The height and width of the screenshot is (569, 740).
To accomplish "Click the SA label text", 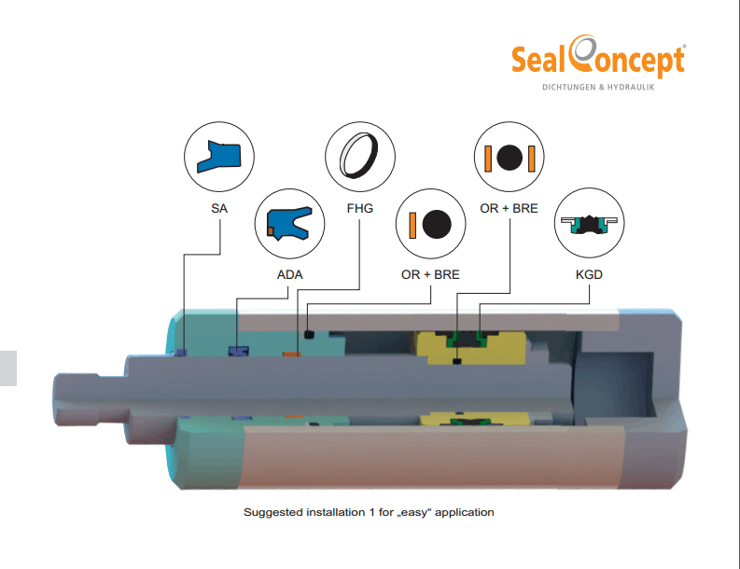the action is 219,208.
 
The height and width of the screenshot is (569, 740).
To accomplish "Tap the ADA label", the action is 289,274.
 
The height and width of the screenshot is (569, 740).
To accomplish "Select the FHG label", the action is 359,208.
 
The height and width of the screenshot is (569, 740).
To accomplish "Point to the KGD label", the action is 589,274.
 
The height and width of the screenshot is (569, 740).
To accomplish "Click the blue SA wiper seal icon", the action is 219,156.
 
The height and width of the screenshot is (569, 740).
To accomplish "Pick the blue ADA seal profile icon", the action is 289,223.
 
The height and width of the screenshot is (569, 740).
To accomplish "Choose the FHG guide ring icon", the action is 359,156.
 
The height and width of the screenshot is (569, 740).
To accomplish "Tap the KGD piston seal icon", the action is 589,225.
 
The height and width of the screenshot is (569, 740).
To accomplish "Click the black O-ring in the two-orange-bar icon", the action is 510,158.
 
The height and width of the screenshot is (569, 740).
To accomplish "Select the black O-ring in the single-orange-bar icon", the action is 437,224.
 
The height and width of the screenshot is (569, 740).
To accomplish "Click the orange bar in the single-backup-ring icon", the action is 412,225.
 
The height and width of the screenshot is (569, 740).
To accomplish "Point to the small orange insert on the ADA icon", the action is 271,230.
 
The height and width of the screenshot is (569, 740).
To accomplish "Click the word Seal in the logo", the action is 538,61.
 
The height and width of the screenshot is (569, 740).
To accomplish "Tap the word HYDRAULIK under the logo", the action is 631,88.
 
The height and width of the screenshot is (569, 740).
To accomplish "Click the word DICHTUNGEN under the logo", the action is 569,88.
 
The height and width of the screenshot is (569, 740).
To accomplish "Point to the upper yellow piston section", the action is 470,348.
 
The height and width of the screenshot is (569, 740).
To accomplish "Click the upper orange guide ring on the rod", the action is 292,354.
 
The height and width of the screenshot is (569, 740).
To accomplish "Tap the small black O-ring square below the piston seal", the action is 456,361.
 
